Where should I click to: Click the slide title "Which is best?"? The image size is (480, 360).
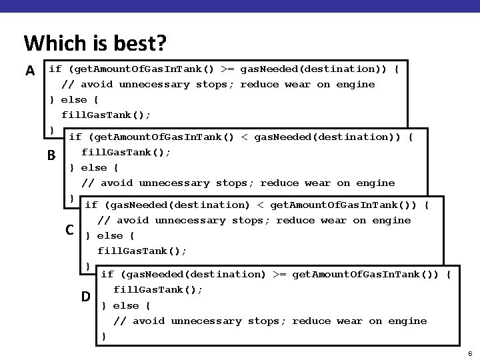(95, 43)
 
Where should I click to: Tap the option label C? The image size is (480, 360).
(69, 230)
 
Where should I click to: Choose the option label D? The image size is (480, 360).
(86, 295)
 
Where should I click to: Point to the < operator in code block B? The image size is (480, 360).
(245, 137)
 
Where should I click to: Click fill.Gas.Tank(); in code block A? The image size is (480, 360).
(106, 115)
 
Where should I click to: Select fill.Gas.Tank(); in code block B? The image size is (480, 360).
(126, 152)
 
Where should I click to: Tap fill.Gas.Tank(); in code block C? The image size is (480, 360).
(142, 251)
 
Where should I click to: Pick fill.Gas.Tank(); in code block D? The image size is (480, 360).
(158, 289)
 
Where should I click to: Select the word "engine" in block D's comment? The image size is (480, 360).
(407, 321)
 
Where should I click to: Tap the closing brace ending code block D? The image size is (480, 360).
(103, 336)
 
